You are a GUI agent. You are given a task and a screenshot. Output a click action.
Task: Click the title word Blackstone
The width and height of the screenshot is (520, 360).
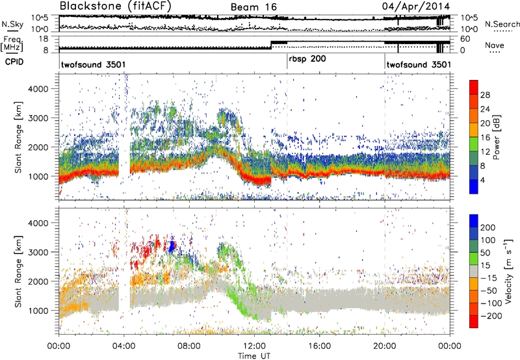(89, 6)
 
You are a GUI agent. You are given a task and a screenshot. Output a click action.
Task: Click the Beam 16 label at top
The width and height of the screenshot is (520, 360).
(252, 7)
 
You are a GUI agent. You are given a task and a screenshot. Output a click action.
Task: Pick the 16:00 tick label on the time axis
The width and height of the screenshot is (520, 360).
(319, 345)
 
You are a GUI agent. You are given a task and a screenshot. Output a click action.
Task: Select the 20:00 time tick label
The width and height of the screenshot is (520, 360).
(384, 345)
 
